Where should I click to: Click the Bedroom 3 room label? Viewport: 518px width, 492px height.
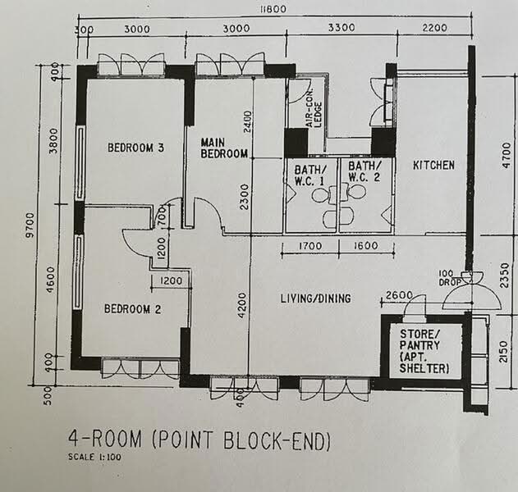(135, 147)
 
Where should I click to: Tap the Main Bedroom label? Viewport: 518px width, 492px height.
(224, 148)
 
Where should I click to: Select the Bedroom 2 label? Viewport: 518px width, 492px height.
(132, 309)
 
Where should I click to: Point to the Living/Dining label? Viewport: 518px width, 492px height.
(315, 298)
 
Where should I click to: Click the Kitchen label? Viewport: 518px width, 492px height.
(433, 165)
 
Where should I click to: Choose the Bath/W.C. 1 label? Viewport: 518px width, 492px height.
(310, 175)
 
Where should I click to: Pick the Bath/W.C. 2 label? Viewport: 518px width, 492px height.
(364, 171)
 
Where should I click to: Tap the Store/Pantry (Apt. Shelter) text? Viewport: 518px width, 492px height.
(424, 351)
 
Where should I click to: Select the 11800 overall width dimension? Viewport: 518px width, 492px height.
(273, 9)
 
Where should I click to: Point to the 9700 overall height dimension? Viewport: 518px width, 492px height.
(30, 225)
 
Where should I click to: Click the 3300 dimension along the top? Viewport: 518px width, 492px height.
(342, 27)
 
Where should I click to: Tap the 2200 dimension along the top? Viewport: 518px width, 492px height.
(434, 28)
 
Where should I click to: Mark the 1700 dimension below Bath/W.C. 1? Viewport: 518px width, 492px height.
(310, 246)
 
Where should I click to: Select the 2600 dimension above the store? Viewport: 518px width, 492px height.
(399, 294)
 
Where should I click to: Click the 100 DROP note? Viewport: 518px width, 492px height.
(450, 278)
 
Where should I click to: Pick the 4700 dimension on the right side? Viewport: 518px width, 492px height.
(506, 155)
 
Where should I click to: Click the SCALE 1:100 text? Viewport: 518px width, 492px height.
(94, 457)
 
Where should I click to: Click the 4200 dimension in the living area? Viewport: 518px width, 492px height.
(242, 305)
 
